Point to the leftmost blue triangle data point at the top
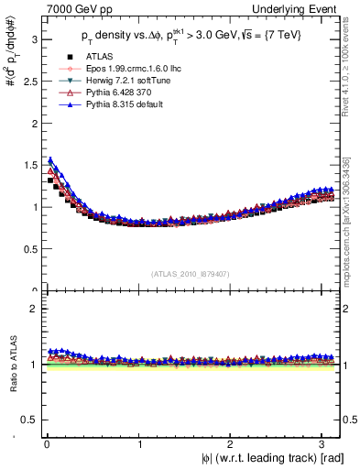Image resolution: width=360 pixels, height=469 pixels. (50, 160)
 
